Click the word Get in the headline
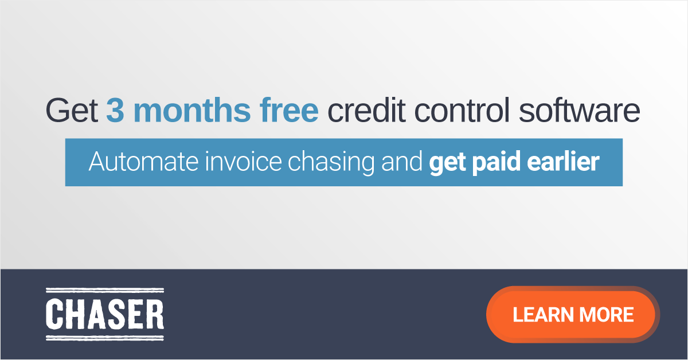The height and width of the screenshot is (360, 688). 72,111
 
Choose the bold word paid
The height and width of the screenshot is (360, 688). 493,163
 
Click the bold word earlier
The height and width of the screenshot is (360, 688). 562,162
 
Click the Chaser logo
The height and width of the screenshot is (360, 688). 104,315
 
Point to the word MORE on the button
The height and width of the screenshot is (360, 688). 606,314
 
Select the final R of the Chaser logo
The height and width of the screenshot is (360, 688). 154,315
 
